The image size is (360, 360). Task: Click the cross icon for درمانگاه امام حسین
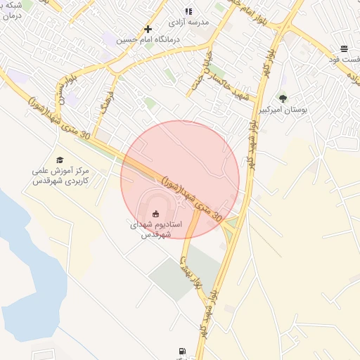tap(148, 29)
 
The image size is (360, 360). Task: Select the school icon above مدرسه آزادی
tap(188, 11)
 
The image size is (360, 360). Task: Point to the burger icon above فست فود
tap(344, 49)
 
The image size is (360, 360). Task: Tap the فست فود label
tap(345, 60)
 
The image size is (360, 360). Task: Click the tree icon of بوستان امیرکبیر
tap(283, 98)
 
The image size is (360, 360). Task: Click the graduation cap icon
tap(60, 160)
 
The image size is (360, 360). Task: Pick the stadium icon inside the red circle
tap(156, 213)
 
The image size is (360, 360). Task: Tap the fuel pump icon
tap(183, 350)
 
